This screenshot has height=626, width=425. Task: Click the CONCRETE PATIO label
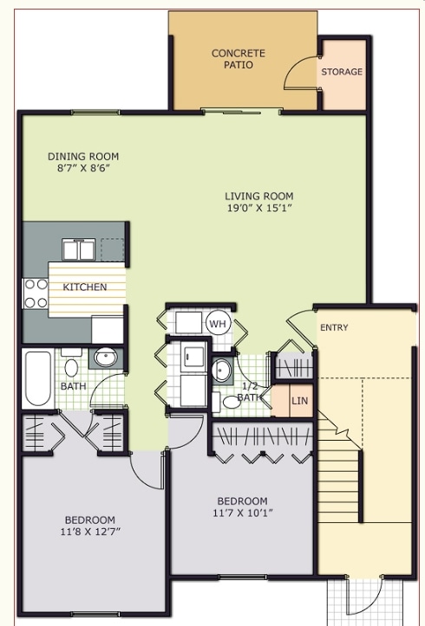pos(239,59)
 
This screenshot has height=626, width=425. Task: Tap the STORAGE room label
pos(342,72)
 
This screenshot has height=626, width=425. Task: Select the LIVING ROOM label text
pos(259,196)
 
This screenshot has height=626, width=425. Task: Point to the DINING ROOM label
pos(82,157)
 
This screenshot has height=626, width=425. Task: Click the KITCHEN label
pos(85,287)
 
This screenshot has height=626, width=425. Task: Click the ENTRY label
pos(334,327)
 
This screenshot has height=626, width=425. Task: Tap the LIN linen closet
pos(299,401)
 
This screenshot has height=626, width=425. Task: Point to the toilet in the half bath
pos(232,401)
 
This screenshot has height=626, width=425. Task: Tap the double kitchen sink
pos(75,250)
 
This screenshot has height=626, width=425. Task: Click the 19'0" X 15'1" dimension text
pos(259,209)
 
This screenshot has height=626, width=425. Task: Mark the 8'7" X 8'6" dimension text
pos(82,169)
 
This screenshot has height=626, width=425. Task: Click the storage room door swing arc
pos(297,72)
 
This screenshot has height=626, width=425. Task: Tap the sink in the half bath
pos(222,371)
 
